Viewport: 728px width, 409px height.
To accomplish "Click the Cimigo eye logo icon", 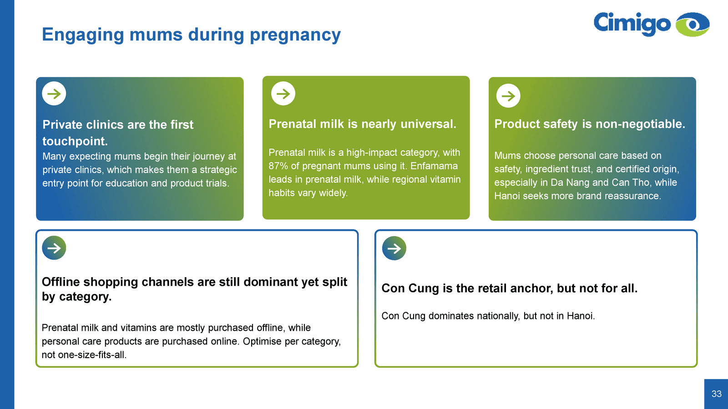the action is pos(692,25).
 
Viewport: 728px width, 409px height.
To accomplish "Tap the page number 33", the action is pos(717,394).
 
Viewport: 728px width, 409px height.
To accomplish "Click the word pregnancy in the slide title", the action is pos(295,35).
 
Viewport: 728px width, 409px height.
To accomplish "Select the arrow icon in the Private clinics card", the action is pos(54,94).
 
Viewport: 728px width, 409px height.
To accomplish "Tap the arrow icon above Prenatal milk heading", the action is pos(283,94).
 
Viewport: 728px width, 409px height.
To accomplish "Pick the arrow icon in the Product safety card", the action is pos(508,96).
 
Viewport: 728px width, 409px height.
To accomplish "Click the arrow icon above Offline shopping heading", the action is pos(54,248).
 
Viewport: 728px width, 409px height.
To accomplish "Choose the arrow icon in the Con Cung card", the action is pos(394,248).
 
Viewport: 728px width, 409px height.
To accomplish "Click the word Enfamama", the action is pos(434,166).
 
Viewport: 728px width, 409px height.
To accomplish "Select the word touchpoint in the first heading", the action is pos(75,141).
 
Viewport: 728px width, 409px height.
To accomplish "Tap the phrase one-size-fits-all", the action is pos(92,355).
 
